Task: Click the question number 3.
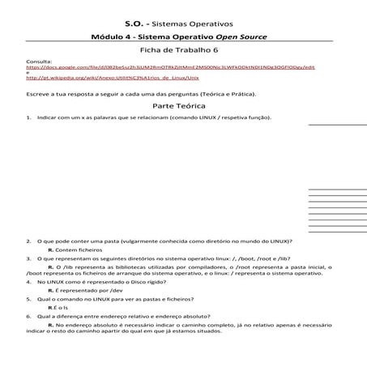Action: (x=28, y=258)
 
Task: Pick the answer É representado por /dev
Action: (x=85, y=290)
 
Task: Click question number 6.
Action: (x=28, y=316)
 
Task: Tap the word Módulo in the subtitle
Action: (x=107, y=37)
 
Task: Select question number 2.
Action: (x=28, y=242)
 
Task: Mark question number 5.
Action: (x=28, y=299)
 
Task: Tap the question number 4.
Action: (x=28, y=282)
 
